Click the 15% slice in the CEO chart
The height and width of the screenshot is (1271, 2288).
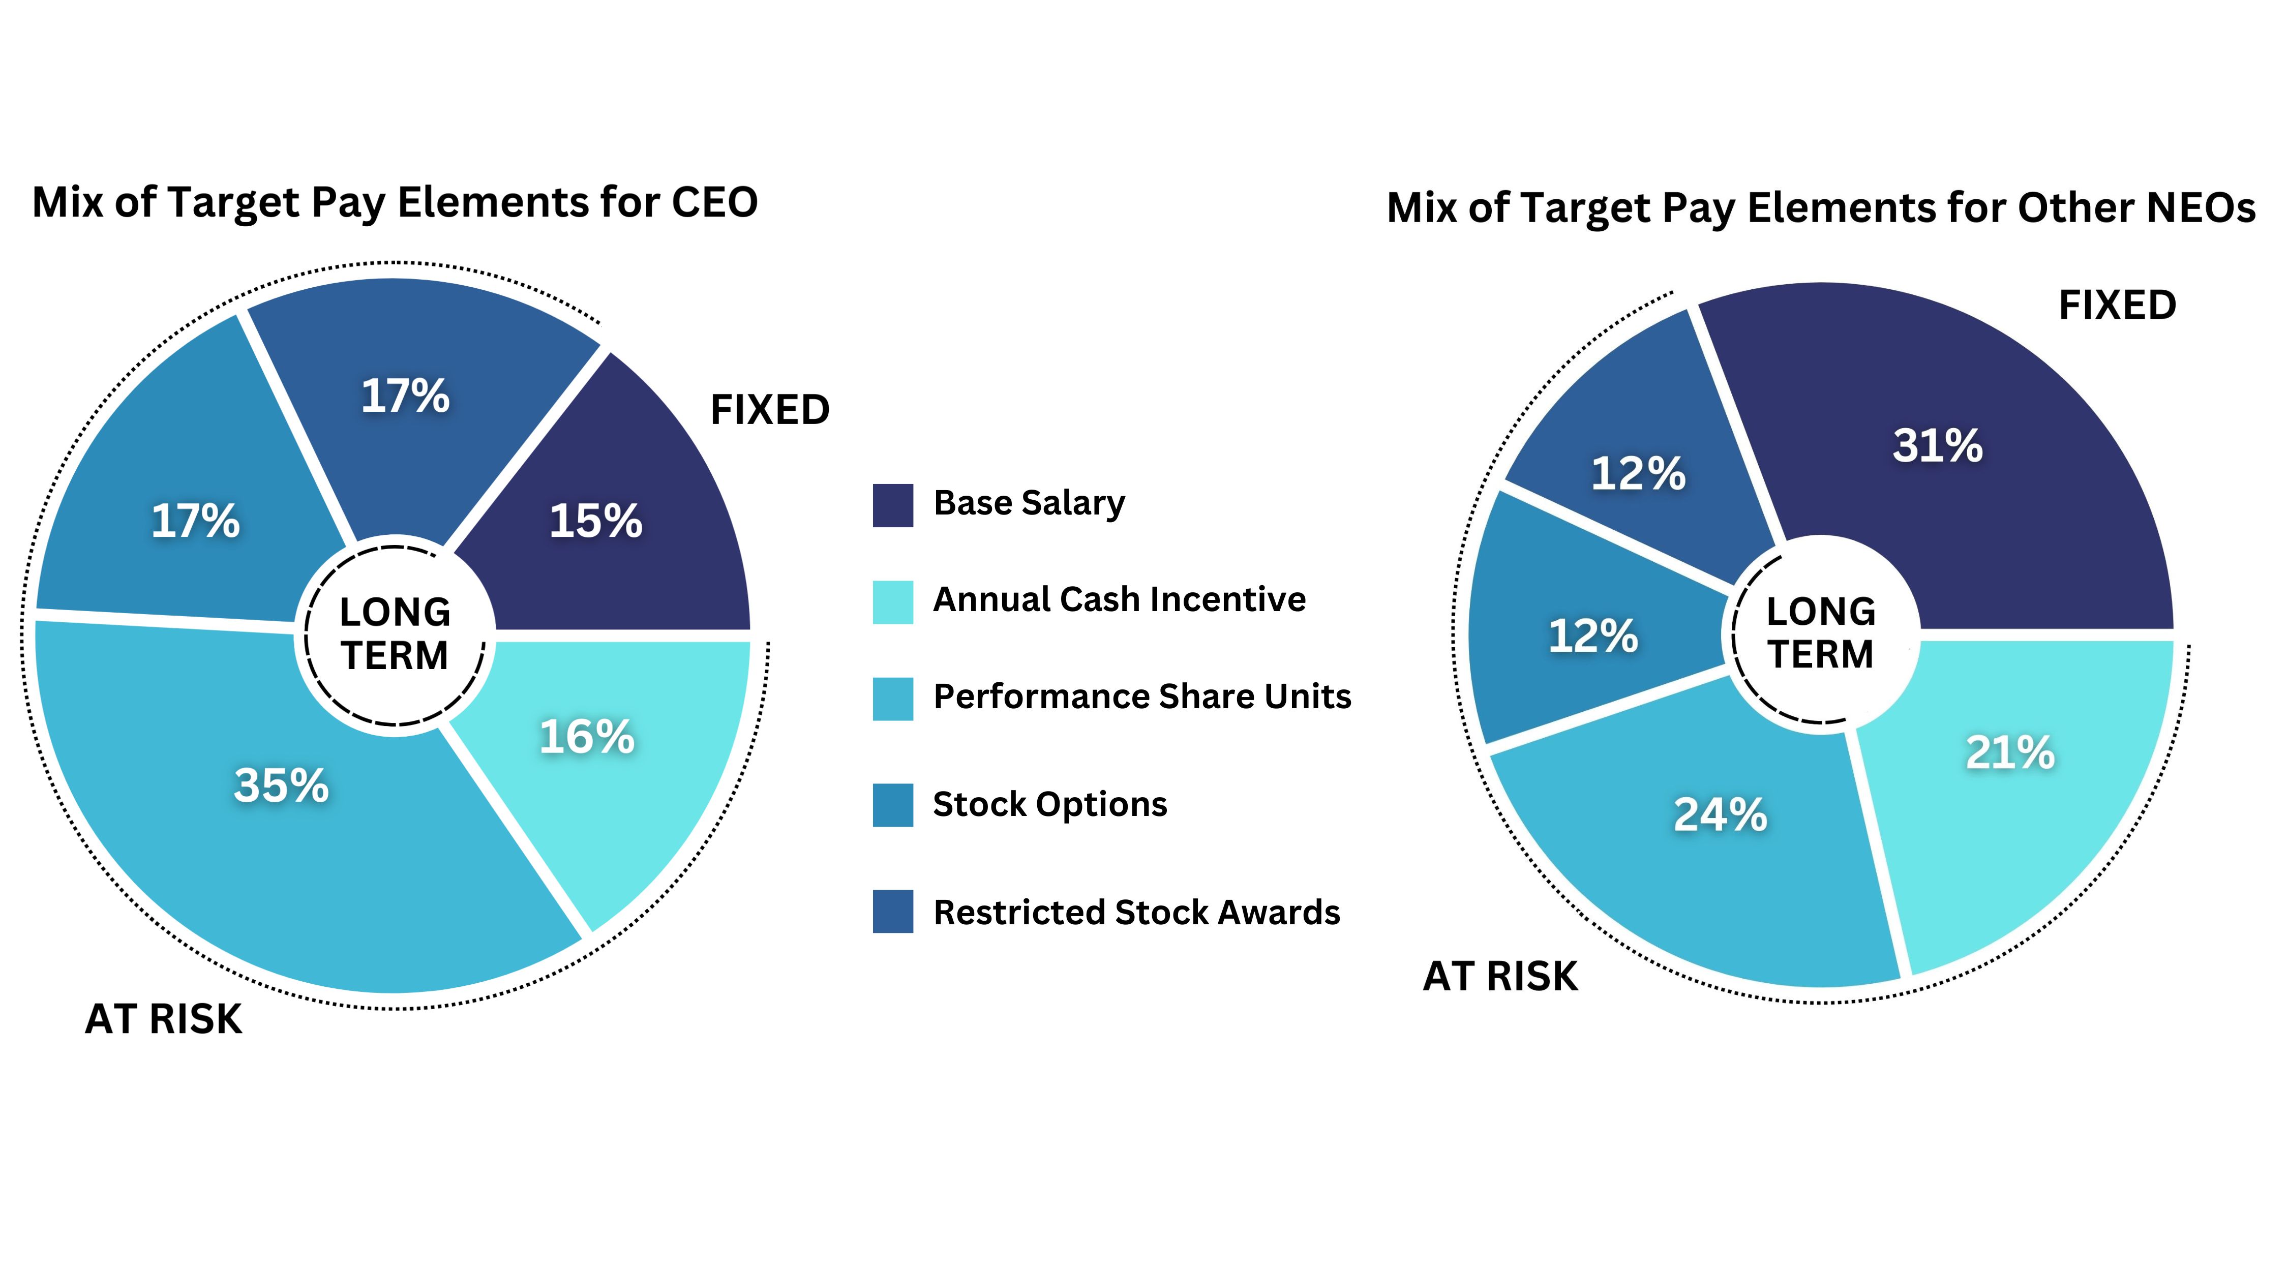[x=622, y=497]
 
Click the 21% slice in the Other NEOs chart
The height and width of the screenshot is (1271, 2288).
[x=2025, y=799]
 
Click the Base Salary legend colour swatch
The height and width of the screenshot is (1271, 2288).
[x=893, y=505]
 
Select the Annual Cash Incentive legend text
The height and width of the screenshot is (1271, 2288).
[x=1119, y=599]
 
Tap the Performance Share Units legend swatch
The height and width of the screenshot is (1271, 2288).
[x=893, y=699]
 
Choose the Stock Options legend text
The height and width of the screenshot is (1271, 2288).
[x=1050, y=804]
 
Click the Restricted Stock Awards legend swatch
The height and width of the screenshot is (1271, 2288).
[x=893, y=911]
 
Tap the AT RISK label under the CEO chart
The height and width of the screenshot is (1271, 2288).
[x=163, y=1019]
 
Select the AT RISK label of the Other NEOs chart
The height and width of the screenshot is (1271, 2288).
[x=1500, y=976]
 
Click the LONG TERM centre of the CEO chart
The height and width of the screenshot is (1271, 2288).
[x=395, y=633]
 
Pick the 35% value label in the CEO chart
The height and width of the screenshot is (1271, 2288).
[x=282, y=785]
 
